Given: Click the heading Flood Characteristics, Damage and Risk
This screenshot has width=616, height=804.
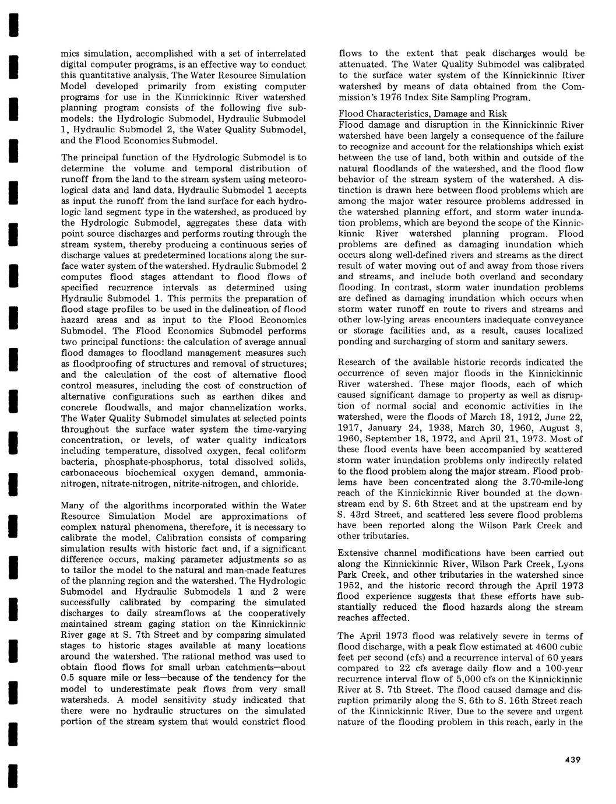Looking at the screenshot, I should [x=423, y=114].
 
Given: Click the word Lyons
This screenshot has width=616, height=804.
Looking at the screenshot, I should [x=569, y=564].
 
